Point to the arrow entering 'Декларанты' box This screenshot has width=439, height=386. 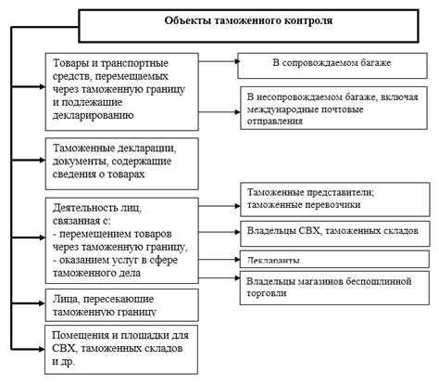coord(219,259)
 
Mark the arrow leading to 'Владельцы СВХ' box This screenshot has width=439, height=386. coord(219,229)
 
